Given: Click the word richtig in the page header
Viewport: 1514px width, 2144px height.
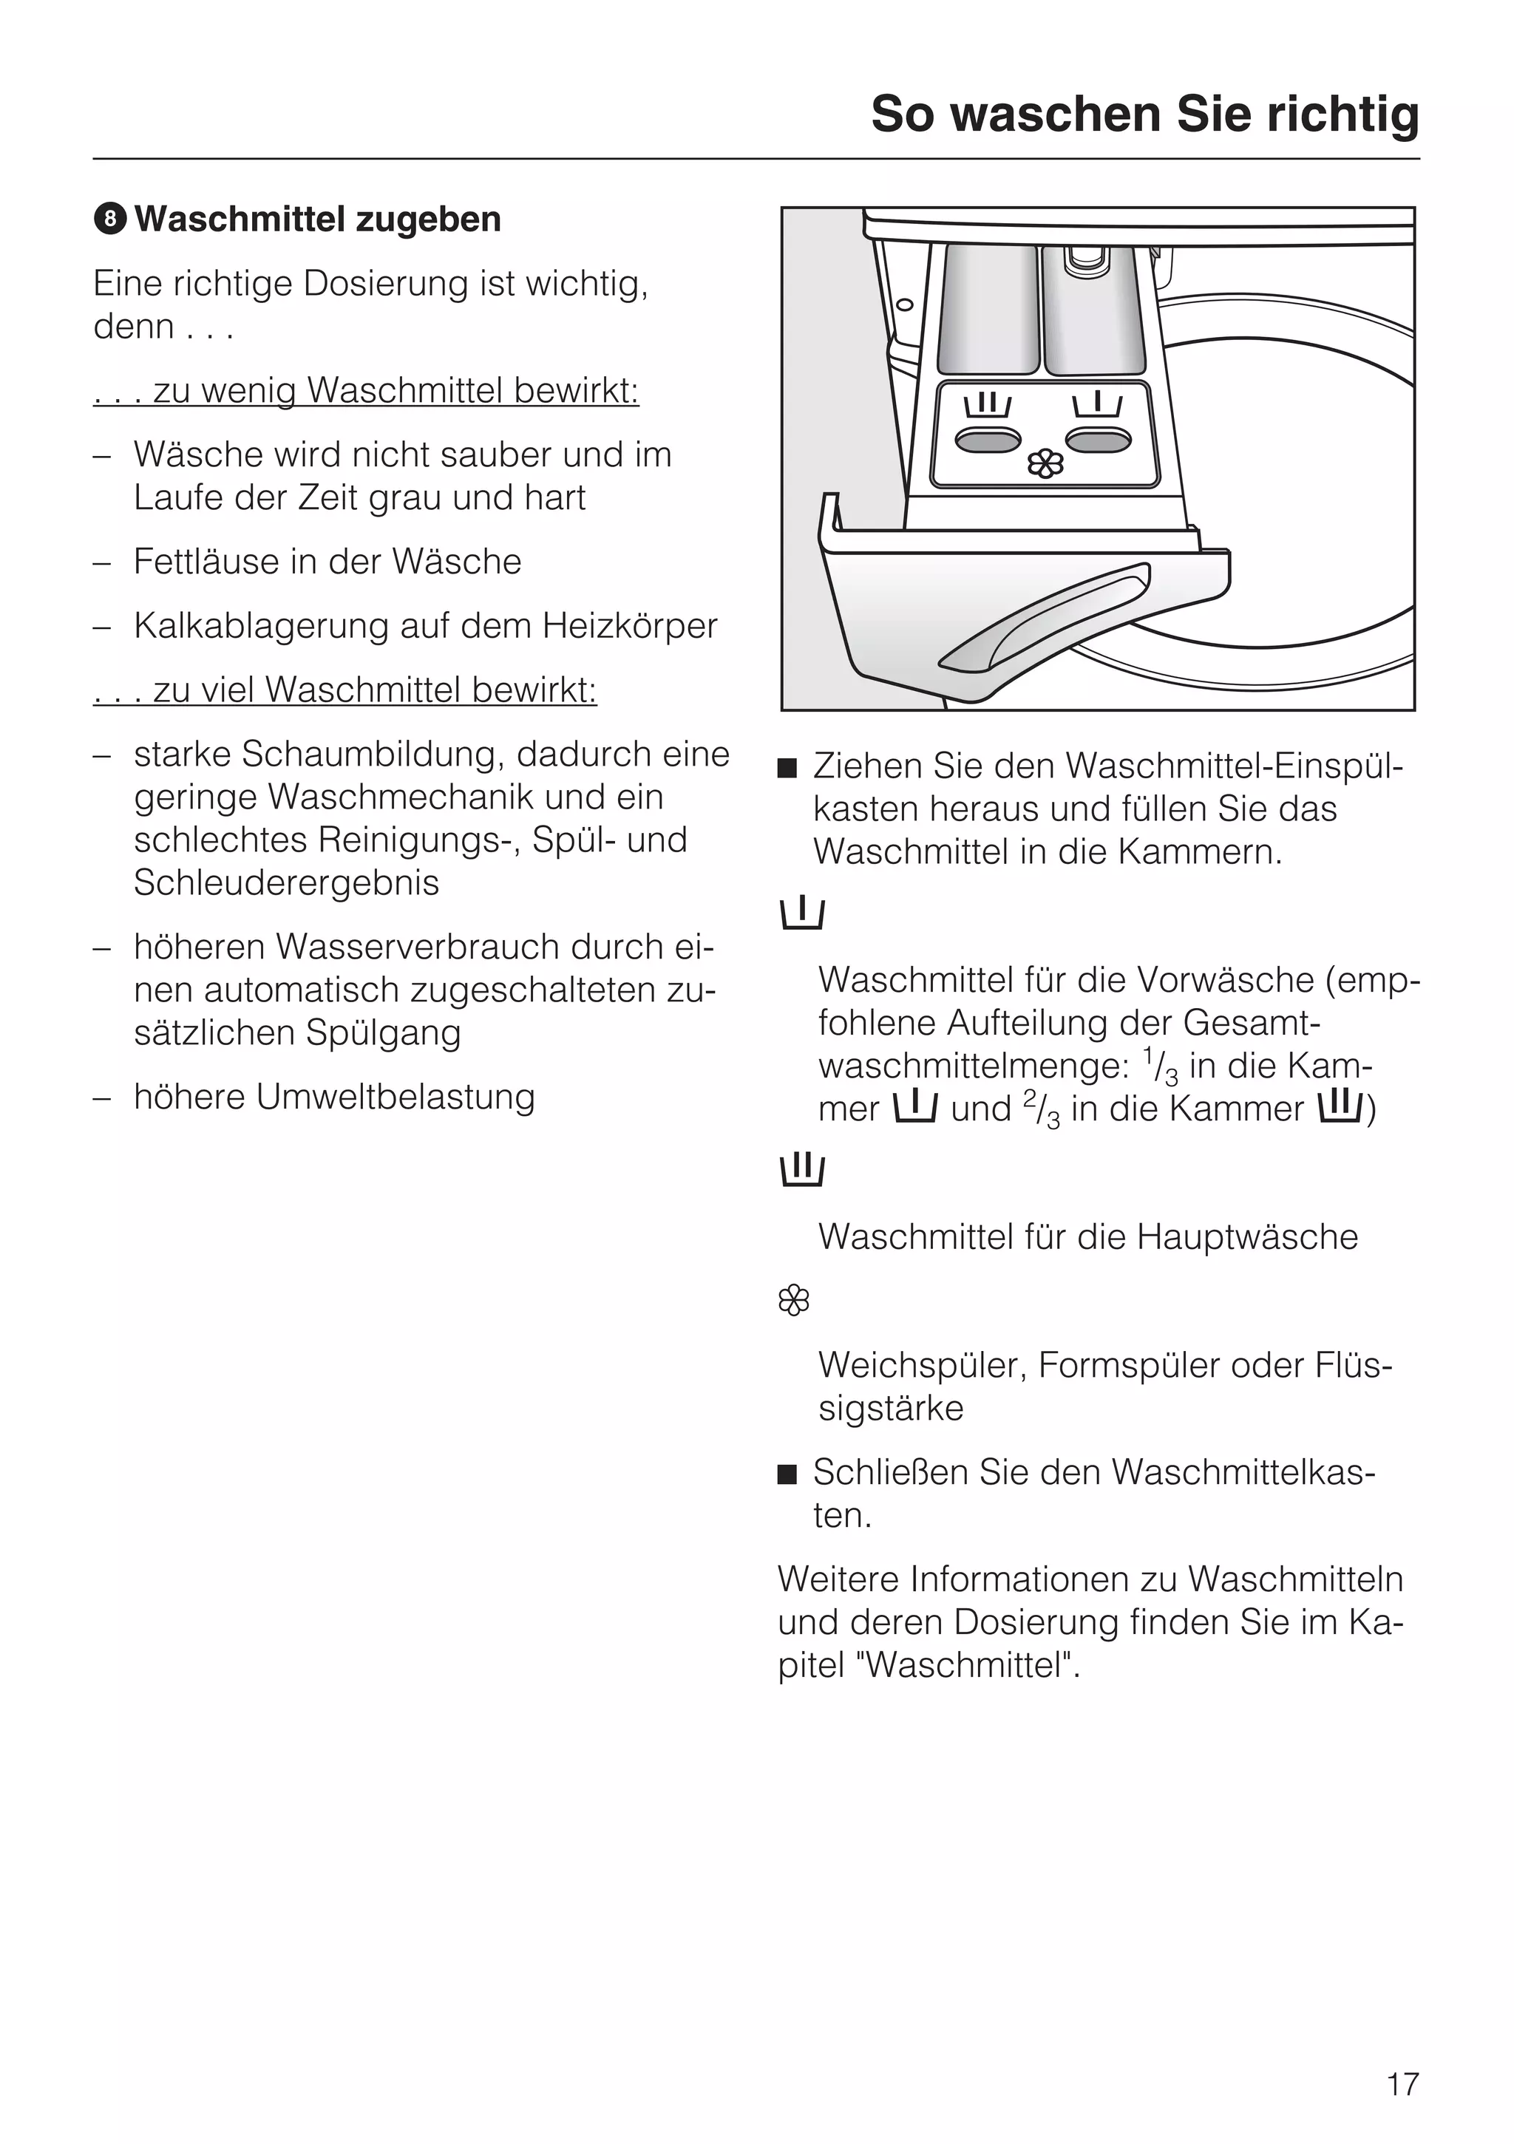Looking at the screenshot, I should click(1342, 115).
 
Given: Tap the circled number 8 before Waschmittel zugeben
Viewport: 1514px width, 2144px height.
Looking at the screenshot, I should click(109, 219).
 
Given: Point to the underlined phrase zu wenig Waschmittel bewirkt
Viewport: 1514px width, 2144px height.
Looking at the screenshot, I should click(366, 390).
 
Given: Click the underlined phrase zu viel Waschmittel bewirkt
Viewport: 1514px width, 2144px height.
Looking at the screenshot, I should click(344, 690).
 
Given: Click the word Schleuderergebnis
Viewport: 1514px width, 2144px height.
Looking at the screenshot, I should click(286, 882).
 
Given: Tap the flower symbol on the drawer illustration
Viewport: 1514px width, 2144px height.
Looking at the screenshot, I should click(1045, 464).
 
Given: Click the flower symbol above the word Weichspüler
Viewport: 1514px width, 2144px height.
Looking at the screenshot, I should click(793, 1300).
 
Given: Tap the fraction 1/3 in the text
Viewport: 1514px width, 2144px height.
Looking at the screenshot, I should click(1159, 1066).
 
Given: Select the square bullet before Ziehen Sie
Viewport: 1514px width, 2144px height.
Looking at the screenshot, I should click(787, 769).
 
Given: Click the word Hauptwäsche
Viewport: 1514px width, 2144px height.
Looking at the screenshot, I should click(1247, 1236).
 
